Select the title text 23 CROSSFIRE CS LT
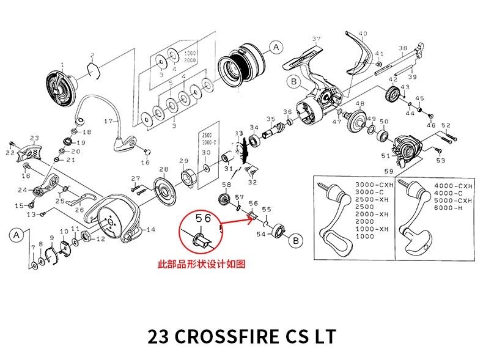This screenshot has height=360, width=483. [x=242, y=337]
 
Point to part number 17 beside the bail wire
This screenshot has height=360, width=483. [x=108, y=121]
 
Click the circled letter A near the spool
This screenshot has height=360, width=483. [x=276, y=46]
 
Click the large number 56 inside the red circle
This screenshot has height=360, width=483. [x=203, y=218]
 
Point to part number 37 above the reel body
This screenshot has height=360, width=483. [x=316, y=39]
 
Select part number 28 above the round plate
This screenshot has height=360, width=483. [x=164, y=169]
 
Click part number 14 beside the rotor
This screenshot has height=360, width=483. [x=151, y=229]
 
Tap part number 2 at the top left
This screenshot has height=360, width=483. [x=92, y=55]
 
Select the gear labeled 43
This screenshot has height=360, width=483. [x=393, y=95]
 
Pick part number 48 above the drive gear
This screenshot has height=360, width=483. [x=359, y=104]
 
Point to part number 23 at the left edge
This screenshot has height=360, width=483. [x=34, y=138]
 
